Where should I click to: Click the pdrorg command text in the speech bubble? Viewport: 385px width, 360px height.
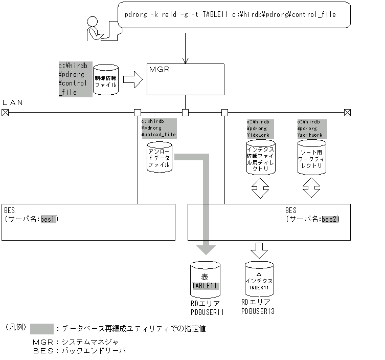click(230, 14)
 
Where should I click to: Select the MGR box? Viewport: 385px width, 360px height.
click(185, 79)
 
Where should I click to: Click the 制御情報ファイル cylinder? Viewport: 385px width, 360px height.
click(106, 80)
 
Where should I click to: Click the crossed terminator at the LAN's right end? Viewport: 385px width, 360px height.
click(347, 112)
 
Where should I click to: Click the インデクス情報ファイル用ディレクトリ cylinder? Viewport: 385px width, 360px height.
click(261, 157)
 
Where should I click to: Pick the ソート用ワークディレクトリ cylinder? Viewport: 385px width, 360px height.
click(311, 157)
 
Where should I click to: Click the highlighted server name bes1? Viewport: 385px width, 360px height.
click(50, 219)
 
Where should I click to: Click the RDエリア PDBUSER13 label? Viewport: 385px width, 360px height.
click(258, 307)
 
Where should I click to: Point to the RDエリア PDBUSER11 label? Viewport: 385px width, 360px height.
click(207, 307)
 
